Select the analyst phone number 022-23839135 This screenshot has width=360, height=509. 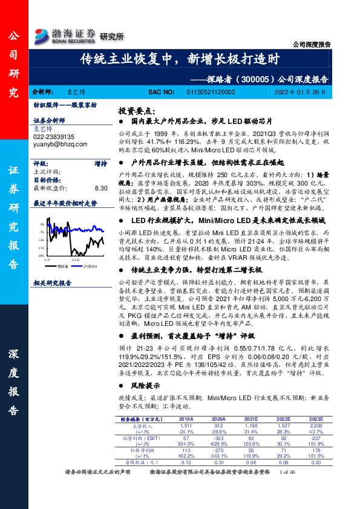tap(54, 137)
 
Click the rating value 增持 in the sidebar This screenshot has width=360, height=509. tap(100, 163)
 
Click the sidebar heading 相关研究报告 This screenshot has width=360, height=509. tap(52, 282)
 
